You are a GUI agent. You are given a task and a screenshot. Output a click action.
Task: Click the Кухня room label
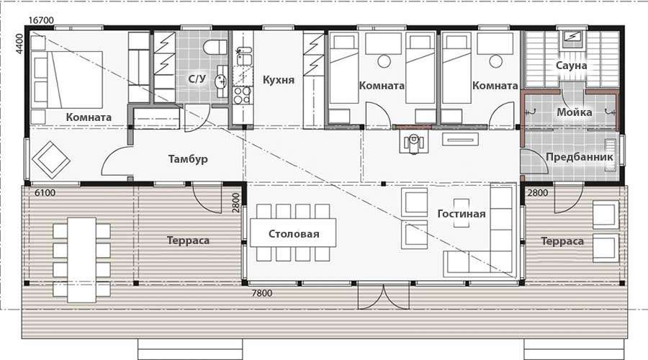click(x=279, y=80)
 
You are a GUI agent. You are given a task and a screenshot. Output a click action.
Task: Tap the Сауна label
click(x=571, y=66)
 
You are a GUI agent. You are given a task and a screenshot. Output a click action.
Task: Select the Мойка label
click(x=575, y=112)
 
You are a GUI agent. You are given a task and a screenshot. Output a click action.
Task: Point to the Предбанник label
click(x=580, y=157)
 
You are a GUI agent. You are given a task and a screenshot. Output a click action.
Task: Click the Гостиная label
click(x=462, y=214)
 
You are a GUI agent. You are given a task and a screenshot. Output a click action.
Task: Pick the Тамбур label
click(x=188, y=159)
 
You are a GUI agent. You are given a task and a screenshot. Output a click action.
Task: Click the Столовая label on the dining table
click(x=294, y=234)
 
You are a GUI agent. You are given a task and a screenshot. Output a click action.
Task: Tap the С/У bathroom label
click(x=197, y=78)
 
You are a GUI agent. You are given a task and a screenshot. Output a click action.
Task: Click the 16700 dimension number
click(x=41, y=20)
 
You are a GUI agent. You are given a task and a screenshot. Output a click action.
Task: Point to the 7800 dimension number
click(x=262, y=293)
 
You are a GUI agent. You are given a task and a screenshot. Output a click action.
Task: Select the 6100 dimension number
click(x=45, y=193)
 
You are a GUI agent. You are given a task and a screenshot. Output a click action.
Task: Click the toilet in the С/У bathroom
click(x=216, y=47)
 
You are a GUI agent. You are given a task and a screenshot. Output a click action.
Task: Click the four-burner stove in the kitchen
click(x=242, y=96)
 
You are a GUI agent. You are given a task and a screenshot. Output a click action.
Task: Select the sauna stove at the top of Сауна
click(x=572, y=37)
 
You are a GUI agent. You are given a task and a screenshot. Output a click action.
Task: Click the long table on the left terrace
click(x=82, y=261)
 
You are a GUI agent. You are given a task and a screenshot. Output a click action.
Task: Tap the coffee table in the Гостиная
click(x=462, y=213)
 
